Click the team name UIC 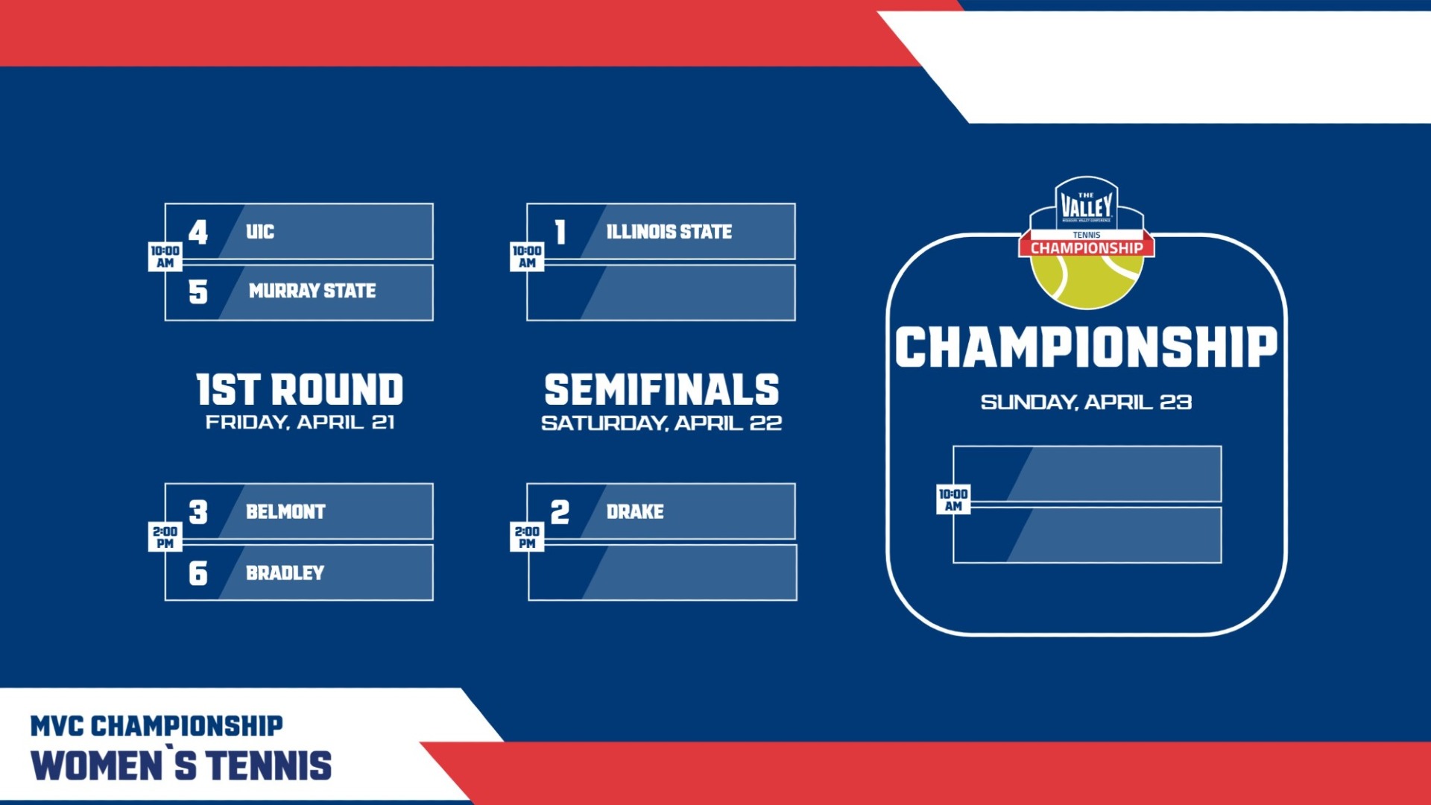click(x=260, y=232)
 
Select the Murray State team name click(x=312, y=291)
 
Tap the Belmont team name click(x=285, y=511)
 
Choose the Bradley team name click(x=285, y=572)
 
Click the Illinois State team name click(x=669, y=232)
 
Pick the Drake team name click(x=635, y=511)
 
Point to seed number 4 click(x=198, y=232)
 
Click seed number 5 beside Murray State click(x=198, y=291)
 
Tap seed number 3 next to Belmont click(x=198, y=512)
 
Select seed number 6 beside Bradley click(x=198, y=573)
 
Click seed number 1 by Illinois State click(x=560, y=232)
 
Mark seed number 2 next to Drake click(x=560, y=512)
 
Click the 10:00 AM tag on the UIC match click(x=165, y=256)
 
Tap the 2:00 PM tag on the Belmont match click(x=165, y=537)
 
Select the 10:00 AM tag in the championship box click(x=953, y=499)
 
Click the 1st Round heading click(x=300, y=390)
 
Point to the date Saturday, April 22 click(x=661, y=423)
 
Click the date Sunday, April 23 click(x=1086, y=402)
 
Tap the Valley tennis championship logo click(x=1087, y=243)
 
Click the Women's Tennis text click(x=181, y=765)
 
